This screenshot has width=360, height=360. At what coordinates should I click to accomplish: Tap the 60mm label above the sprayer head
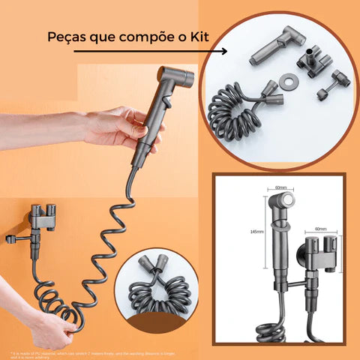tap(280, 187)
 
